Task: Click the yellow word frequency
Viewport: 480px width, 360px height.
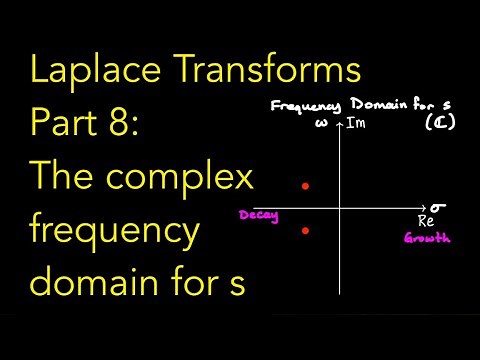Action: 115,231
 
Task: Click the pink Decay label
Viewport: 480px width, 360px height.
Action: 257,215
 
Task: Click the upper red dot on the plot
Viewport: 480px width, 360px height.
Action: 306,186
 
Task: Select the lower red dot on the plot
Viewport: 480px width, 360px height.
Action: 306,231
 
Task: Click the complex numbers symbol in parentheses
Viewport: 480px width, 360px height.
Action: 436,123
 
